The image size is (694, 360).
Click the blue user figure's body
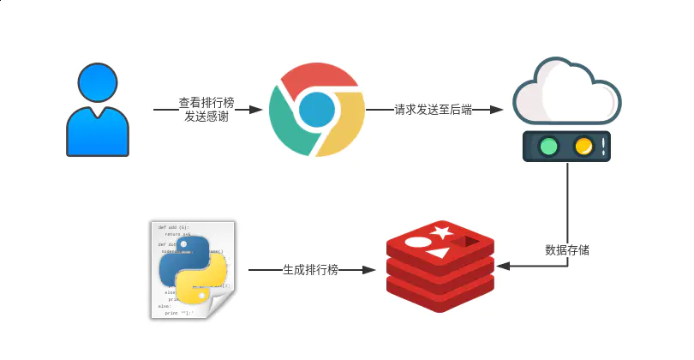(98, 134)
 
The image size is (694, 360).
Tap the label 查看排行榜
(206, 102)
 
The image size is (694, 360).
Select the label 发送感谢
(206, 117)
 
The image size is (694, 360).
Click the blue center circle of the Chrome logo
(317, 110)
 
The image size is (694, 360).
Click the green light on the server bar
(548, 146)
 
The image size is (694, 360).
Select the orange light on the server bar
(584, 146)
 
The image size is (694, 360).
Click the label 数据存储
(567, 251)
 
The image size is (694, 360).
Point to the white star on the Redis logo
(443, 231)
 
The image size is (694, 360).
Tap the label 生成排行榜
(310, 270)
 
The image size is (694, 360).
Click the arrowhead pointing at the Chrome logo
(255, 110)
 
